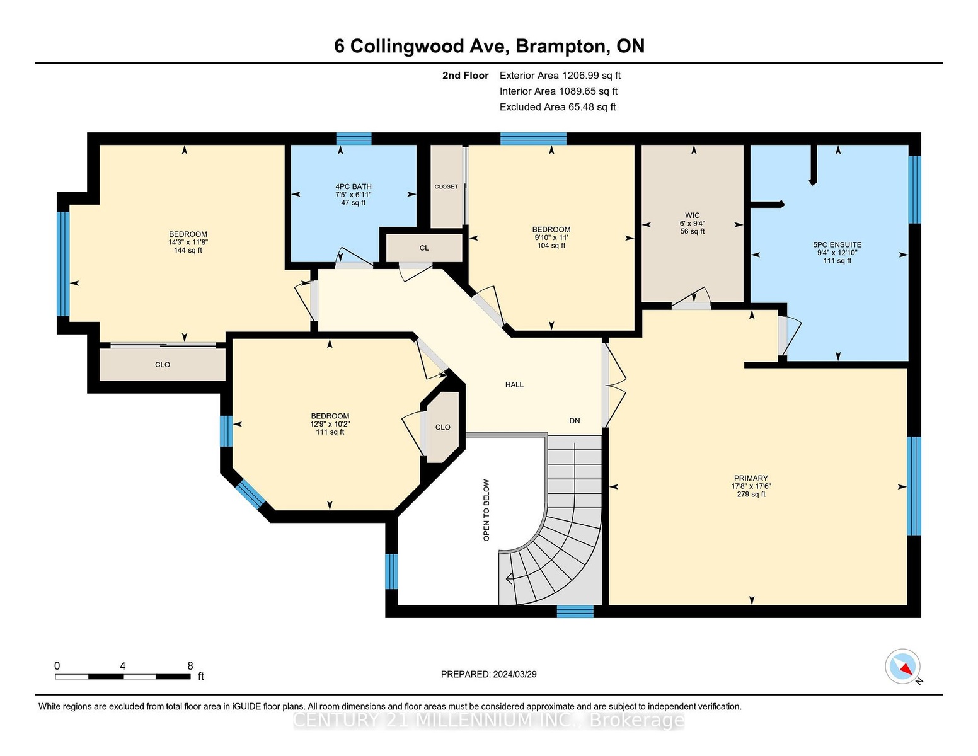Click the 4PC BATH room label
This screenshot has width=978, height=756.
(x=354, y=186)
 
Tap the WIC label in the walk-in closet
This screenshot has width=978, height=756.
(x=692, y=215)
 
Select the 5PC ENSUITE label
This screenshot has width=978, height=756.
(x=837, y=244)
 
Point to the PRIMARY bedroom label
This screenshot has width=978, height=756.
(x=751, y=478)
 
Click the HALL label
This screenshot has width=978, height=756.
(x=514, y=384)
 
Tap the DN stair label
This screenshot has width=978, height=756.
(x=575, y=421)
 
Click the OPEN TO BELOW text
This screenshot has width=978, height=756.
(x=486, y=510)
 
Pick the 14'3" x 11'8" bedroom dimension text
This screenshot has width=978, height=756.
(x=188, y=242)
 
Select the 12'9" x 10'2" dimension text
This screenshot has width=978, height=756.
(x=330, y=424)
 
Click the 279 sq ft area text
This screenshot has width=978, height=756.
(x=751, y=495)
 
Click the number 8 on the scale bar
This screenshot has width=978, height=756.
(x=190, y=666)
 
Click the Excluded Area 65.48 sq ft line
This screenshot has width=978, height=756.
(x=558, y=107)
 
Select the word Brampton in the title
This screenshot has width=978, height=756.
(x=562, y=47)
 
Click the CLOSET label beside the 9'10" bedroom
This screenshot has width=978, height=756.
(x=447, y=186)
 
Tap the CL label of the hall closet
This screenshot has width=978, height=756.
(x=424, y=248)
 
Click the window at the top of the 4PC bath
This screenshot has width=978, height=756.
(x=354, y=139)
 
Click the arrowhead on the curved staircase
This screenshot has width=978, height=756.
(x=509, y=578)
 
